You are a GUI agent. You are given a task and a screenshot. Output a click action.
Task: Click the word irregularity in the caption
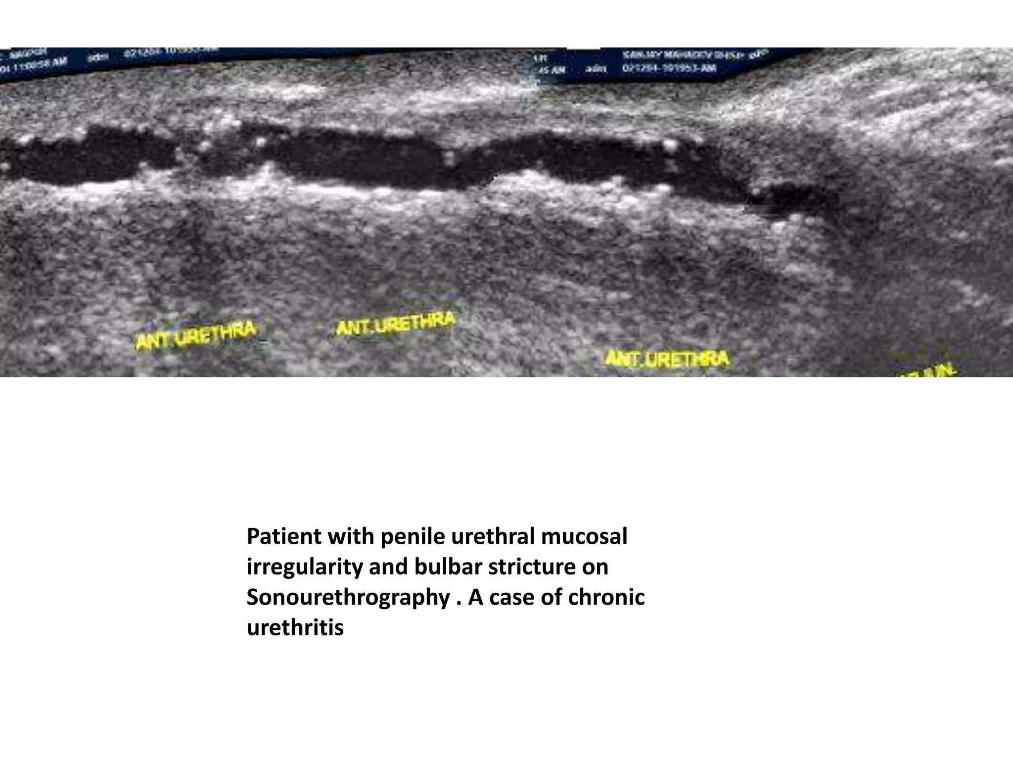(304, 567)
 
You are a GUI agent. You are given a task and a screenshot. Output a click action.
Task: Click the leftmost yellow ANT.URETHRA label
(196, 334)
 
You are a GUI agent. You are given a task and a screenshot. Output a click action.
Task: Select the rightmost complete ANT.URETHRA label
(667, 358)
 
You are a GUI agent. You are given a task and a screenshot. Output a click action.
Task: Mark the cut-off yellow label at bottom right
(930, 371)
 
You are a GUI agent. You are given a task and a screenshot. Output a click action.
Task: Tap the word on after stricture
(595, 567)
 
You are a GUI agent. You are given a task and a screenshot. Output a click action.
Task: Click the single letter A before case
(476, 598)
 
